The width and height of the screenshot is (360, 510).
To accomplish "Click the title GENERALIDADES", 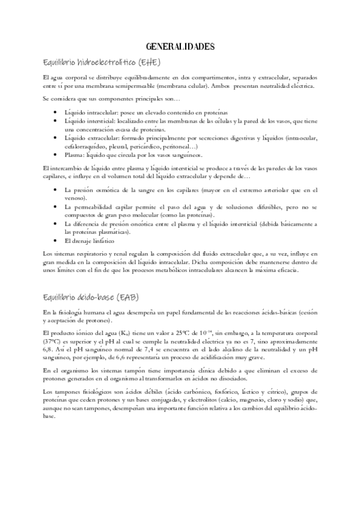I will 180,46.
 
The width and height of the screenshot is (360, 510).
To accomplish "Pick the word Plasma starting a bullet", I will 75,154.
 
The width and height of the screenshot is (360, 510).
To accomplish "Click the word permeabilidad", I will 94,206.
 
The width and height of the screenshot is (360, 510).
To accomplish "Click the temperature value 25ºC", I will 186,332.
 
